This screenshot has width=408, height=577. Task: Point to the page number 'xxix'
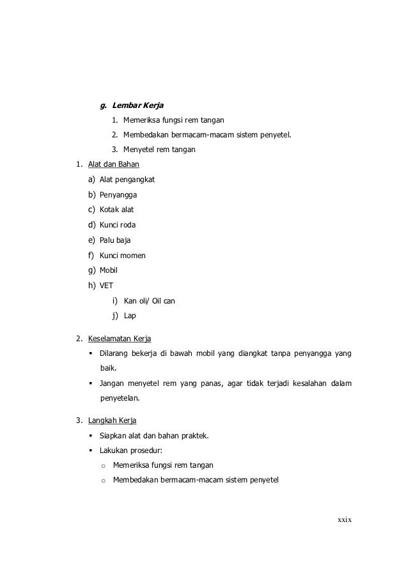(x=345, y=519)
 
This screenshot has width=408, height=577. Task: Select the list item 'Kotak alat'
(x=117, y=210)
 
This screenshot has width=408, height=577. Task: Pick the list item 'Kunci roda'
(x=118, y=225)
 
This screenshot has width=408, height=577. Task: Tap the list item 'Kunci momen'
(x=123, y=255)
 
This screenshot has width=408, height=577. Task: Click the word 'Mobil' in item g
(x=109, y=270)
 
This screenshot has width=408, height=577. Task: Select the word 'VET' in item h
(x=106, y=286)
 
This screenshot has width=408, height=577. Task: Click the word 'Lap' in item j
(x=130, y=316)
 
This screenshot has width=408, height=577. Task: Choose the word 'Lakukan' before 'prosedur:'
(x=114, y=450)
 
